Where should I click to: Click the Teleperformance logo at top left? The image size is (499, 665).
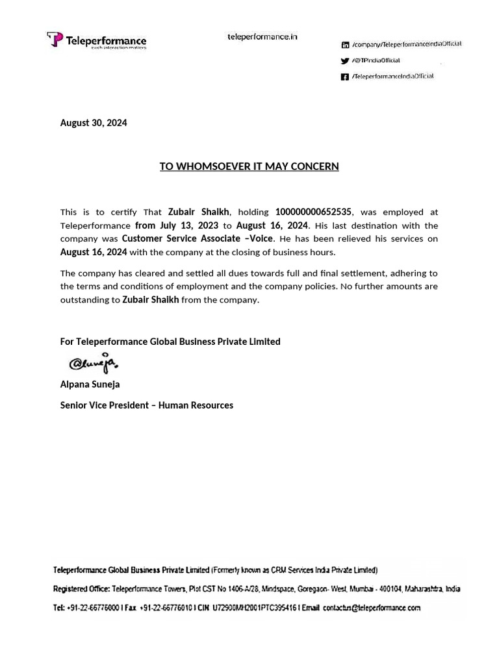point(97,40)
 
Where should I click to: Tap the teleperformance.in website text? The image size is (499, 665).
point(262,37)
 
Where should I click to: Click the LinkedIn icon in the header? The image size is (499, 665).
point(345,45)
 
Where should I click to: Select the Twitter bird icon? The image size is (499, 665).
point(345,61)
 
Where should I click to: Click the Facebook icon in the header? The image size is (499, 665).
point(345,77)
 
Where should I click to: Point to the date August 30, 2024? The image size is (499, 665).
point(94,123)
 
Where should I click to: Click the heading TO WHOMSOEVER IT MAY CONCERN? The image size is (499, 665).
point(249,166)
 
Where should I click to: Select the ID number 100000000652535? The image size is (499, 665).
point(313,212)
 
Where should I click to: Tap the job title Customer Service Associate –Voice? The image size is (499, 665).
point(198,238)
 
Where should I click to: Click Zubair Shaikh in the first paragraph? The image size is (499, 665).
point(198,212)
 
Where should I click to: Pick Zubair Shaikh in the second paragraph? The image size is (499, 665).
point(151,299)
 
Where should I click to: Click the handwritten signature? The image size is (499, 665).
point(94,363)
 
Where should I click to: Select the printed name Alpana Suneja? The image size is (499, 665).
point(90,384)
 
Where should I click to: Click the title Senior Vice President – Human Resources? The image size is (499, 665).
point(146,405)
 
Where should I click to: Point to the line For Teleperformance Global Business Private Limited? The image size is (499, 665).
point(170,341)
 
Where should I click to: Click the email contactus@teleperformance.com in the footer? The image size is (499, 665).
point(372,608)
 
